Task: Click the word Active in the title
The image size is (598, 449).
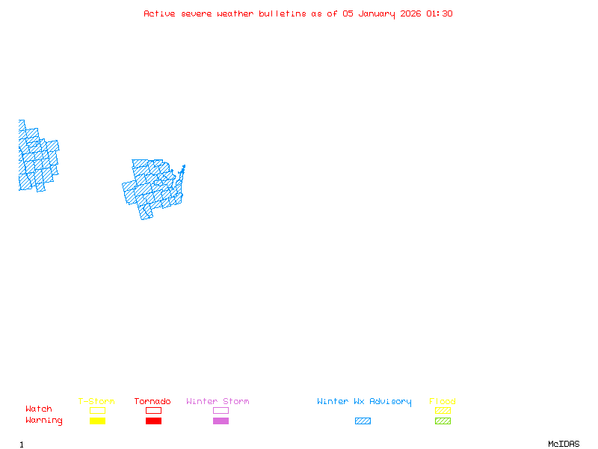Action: pyautogui.click(x=160, y=13)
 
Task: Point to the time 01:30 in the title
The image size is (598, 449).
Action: pyautogui.click(x=440, y=13)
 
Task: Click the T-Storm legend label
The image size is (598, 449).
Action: pyautogui.click(x=96, y=401)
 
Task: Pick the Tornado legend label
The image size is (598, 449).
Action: pyautogui.click(x=152, y=401)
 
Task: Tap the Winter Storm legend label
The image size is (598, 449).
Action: pyautogui.click(x=218, y=401)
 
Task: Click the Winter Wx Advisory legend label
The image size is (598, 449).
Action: pyautogui.click(x=364, y=401)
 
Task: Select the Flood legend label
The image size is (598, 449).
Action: pyautogui.click(x=443, y=401)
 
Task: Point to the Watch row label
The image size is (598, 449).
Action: pyautogui.click(x=39, y=409)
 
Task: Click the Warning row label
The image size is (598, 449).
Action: pyautogui.click(x=44, y=421)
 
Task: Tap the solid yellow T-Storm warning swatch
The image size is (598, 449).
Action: pyautogui.click(x=97, y=421)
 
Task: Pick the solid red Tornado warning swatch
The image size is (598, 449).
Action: pyautogui.click(x=153, y=421)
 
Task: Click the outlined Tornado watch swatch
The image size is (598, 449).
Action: pyautogui.click(x=153, y=410)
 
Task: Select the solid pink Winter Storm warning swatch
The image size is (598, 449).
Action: pyautogui.click(x=221, y=421)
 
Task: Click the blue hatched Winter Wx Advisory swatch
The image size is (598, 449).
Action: pyautogui.click(x=363, y=421)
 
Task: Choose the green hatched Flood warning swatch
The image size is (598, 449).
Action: pyautogui.click(x=443, y=421)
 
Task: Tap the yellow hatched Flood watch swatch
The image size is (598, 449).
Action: pyautogui.click(x=443, y=410)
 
